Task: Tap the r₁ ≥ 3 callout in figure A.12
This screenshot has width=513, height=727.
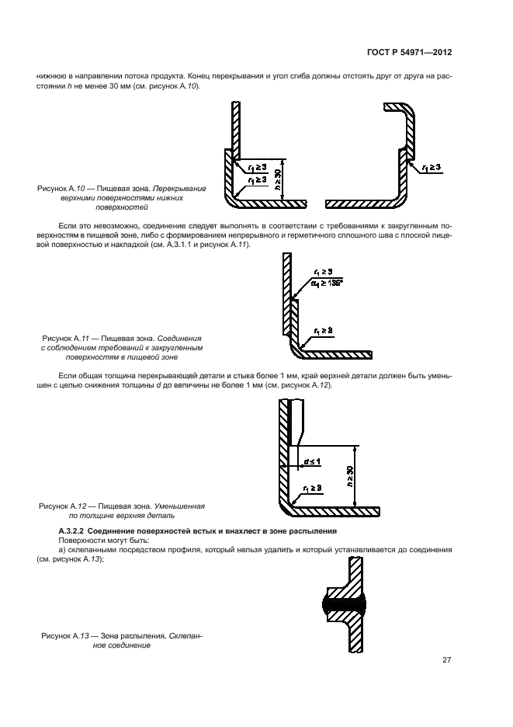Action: [314, 488]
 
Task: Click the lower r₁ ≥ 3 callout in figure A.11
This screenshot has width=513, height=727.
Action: [324, 330]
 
